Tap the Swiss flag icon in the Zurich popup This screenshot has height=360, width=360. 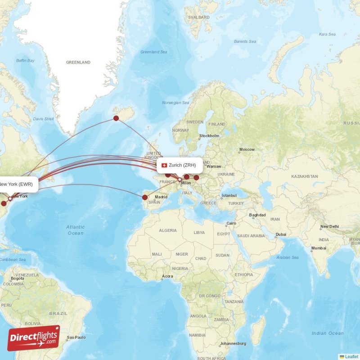pos(165,165)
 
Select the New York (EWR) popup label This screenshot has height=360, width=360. pos(16,184)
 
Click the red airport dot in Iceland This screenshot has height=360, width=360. pos(116,118)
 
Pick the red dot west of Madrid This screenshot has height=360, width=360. pos(145,197)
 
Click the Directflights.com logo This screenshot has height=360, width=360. pos(34,338)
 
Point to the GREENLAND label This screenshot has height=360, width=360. pos(78,63)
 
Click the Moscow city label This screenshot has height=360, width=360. pos(247,149)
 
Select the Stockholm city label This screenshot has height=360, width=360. pos(209,136)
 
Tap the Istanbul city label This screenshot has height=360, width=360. pos(229,196)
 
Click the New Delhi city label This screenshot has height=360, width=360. pos(329,227)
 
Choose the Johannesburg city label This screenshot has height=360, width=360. pos(233,344)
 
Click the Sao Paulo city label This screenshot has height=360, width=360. pos(76,337)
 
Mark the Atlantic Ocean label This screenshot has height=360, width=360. pos(75,230)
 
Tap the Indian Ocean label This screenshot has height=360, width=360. pos(328,333)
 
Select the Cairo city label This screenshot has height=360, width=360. pos(231,223)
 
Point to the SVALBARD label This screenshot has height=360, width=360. pos(199,18)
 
